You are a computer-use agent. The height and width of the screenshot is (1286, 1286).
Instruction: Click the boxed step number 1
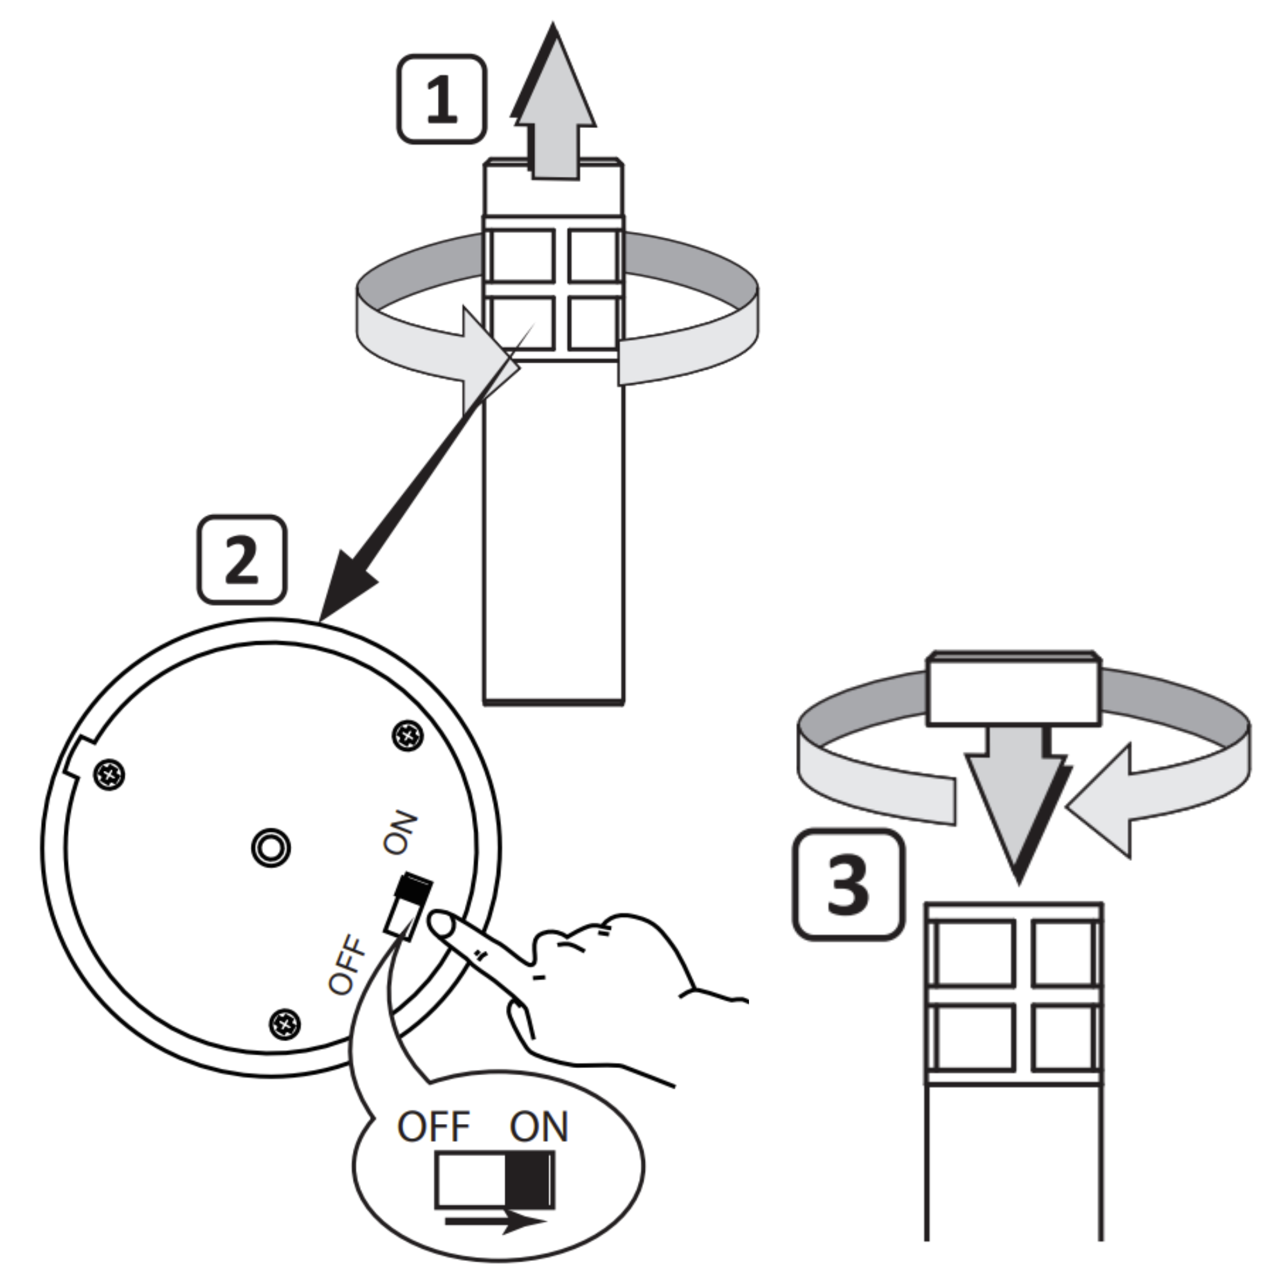pos(441,99)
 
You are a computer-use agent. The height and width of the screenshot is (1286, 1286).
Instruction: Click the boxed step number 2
pos(242,560)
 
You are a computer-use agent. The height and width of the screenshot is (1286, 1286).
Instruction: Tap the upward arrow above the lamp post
pos(554,107)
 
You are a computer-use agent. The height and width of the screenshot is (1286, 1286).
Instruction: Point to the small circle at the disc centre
pos(271,848)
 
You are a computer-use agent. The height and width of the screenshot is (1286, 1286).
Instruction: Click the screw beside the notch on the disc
pos(110,774)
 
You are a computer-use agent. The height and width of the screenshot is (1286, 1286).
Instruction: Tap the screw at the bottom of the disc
pos(285,1022)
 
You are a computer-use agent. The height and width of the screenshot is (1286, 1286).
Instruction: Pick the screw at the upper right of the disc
pos(408,736)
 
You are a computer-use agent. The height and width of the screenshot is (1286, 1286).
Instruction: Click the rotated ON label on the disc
pos(400,833)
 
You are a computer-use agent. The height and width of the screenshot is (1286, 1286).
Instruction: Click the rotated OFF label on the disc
pos(347,965)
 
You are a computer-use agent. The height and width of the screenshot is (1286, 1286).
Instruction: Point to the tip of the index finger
pos(439,923)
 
